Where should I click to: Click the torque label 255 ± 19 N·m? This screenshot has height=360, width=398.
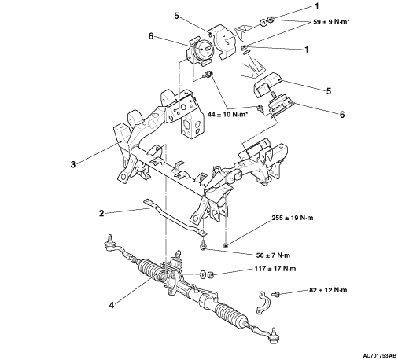pyautogui.click(x=293, y=218)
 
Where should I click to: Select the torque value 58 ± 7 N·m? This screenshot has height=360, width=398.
pyautogui.click(x=273, y=255)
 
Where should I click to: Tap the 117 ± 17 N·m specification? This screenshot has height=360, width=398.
pyautogui.click(x=275, y=269)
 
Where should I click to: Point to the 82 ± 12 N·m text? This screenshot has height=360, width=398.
pyautogui.click(x=328, y=290)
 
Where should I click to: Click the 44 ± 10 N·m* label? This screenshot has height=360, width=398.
pyautogui.click(x=228, y=114)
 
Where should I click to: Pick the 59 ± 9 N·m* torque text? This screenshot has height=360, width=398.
pyautogui.click(x=331, y=22)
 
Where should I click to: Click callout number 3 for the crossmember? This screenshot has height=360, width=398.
pyautogui.click(x=73, y=164)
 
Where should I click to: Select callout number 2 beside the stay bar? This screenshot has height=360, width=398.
pyautogui.click(x=101, y=213)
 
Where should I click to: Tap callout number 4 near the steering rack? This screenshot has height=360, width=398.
pyautogui.click(x=112, y=305)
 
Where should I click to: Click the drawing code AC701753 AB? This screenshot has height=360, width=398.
pyautogui.click(x=380, y=355)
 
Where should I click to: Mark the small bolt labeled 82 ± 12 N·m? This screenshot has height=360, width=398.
pyautogui.click(x=275, y=294)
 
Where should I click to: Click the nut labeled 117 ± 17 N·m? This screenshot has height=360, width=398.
pyautogui.click(x=211, y=274)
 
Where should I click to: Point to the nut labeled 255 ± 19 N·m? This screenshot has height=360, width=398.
pyautogui.click(x=225, y=245)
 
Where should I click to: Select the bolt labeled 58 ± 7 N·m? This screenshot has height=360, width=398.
pyautogui.click(x=203, y=245)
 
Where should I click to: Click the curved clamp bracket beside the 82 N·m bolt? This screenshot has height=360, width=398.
pyautogui.click(x=261, y=302)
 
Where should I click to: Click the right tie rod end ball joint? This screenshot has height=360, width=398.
pyautogui.click(x=274, y=336)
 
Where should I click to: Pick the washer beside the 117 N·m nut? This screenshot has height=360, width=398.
pyautogui.click(x=202, y=274)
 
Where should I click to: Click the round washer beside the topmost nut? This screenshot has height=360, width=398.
pyautogui.click(x=263, y=23)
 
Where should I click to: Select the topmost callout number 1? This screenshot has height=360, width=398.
pyautogui.click(x=317, y=6)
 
